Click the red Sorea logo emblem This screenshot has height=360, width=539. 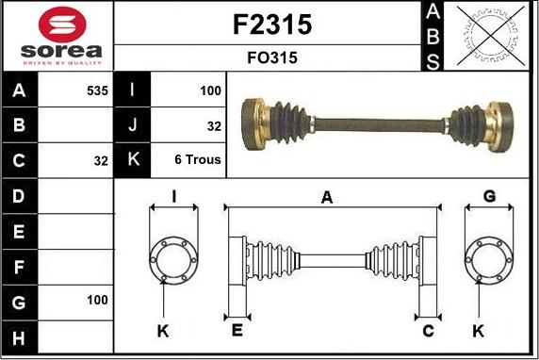62,25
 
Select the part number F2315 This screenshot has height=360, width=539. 272,25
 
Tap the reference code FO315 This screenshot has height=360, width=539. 272,57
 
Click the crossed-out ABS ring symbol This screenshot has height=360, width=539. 491,36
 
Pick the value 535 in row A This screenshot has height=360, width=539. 97,90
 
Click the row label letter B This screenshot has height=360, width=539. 19,125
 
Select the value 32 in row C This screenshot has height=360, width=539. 101,160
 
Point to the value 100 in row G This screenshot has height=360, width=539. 97,300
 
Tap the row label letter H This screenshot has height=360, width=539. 19,337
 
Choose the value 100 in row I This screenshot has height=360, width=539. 210,90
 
